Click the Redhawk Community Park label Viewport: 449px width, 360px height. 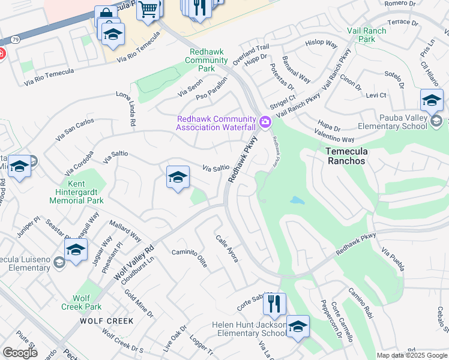point(206,61)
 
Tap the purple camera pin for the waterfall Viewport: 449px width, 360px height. point(265,122)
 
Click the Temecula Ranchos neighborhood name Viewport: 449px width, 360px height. point(355,157)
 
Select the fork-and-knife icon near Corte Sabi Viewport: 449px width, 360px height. point(274,304)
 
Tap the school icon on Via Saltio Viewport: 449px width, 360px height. point(178,177)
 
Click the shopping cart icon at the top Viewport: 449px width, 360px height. point(148,8)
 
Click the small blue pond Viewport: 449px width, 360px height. point(297,200)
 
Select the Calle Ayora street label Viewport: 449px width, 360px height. point(227,248)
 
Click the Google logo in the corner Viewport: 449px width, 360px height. point(20,352)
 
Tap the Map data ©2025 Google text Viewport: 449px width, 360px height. point(411,355)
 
